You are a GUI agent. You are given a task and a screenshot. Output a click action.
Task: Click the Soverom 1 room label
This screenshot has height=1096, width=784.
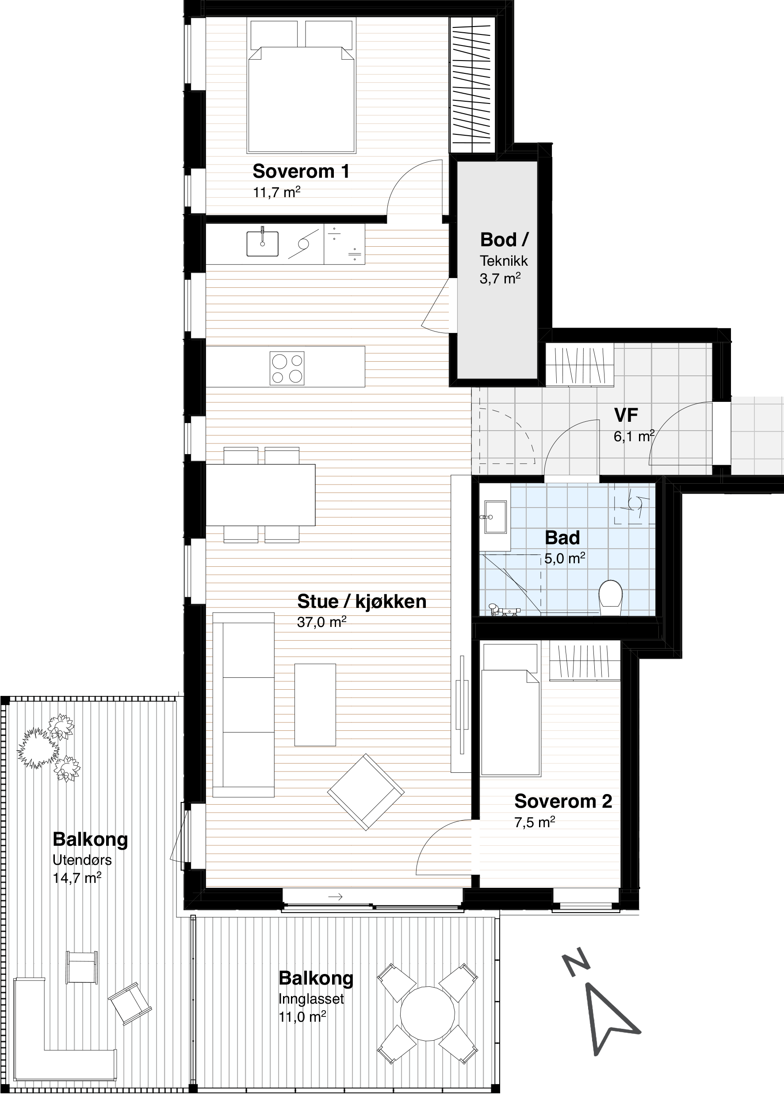pyautogui.click(x=301, y=172)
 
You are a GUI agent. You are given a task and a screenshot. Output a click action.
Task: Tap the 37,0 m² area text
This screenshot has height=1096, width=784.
pyautogui.click(x=321, y=622)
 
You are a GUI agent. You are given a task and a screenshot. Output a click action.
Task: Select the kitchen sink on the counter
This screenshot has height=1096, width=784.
pyautogui.click(x=262, y=243)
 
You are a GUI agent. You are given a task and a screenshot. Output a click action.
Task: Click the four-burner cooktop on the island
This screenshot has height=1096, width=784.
pyautogui.click(x=287, y=368)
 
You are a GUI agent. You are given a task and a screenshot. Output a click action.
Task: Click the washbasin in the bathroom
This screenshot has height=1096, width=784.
pyautogui.click(x=495, y=517)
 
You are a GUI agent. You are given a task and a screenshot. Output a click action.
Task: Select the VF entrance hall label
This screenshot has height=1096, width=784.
pyautogui.click(x=626, y=415)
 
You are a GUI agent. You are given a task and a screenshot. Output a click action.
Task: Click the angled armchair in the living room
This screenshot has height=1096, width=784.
pyautogui.click(x=365, y=792)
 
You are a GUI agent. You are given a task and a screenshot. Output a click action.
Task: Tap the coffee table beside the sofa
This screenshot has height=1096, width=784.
pyautogui.click(x=315, y=705)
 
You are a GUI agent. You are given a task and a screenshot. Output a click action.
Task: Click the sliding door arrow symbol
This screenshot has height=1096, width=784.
pyautogui.click(x=335, y=897)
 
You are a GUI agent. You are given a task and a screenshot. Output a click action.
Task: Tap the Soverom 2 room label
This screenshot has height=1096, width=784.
pyautogui.click(x=563, y=801)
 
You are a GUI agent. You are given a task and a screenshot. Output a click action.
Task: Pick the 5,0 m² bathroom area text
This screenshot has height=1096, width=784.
pyautogui.click(x=564, y=558)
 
